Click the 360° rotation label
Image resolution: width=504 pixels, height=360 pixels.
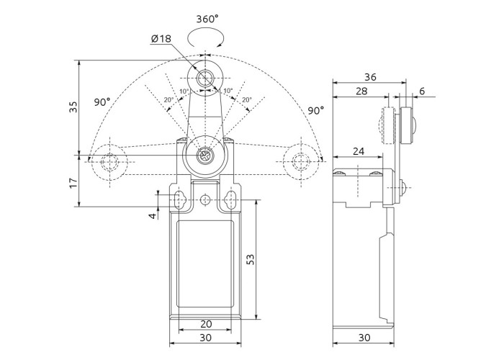207,19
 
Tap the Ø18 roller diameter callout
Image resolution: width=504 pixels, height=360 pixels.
161,39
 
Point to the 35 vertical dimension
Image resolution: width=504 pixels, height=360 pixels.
73,107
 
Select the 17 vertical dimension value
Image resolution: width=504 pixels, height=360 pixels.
73,183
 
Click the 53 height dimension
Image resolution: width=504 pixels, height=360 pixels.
251,259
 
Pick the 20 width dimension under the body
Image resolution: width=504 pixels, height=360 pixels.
206,324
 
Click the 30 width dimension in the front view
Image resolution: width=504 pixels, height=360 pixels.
206,338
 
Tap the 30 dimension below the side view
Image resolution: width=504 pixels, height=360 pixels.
364,338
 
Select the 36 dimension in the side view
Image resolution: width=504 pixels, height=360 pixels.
370,77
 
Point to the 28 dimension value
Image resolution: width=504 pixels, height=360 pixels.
361,91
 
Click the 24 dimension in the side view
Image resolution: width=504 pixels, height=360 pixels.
359,151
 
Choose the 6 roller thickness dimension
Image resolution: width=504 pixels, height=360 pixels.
422,91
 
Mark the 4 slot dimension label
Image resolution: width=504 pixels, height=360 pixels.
153,215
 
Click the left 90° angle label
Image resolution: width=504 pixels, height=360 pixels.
102,102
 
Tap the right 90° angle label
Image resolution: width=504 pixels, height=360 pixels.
316,111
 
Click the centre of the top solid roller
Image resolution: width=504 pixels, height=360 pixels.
205,78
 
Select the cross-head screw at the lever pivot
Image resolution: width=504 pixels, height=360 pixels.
205,156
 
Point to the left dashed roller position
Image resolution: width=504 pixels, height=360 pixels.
109,162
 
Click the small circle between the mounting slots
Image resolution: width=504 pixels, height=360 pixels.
205,200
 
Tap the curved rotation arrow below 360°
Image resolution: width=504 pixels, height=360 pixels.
205,37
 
